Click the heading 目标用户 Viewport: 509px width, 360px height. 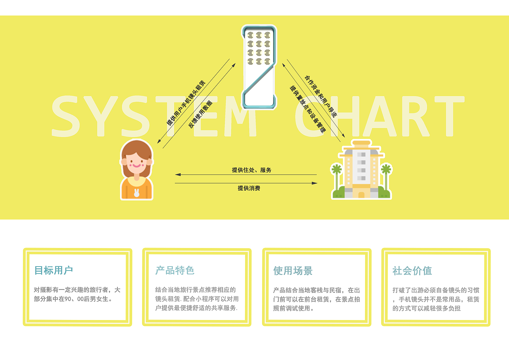pos(53,271)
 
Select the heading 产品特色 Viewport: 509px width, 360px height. pos(175,271)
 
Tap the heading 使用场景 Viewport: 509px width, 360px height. pos(293,271)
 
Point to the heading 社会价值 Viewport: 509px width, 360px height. pos(412,271)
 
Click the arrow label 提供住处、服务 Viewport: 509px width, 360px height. pos(252,170)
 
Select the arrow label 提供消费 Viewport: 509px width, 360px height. pos(249,188)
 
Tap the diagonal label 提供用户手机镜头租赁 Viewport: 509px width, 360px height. pos(186,103)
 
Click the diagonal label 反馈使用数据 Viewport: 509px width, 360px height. pos(200,114)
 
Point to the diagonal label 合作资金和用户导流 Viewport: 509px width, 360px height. pos(321,96)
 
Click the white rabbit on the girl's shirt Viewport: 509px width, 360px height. pos(137,193)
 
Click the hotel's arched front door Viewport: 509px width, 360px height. pos(361,195)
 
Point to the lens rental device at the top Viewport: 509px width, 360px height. pos(259,67)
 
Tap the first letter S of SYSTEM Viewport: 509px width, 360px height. pos(65,116)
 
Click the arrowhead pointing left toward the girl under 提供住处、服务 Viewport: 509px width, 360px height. pos(178,175)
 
